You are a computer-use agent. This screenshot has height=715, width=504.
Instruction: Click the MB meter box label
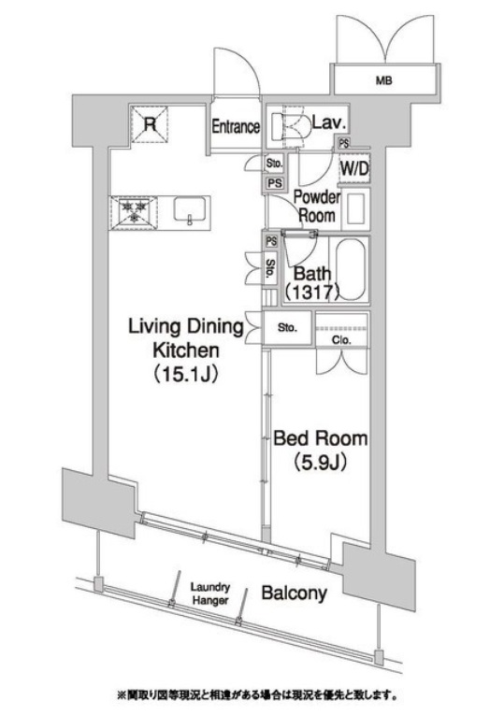click(x=384, y=81)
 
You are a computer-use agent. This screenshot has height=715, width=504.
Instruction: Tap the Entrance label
click(x=236, y=127)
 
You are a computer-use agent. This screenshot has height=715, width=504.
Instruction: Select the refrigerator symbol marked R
click(x=150, y=124)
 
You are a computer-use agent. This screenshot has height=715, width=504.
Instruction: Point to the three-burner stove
click(x=133, y=213)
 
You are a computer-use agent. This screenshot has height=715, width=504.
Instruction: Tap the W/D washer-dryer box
click(x=354, y=169)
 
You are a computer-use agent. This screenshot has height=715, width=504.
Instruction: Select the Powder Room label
click(x=317, y=207)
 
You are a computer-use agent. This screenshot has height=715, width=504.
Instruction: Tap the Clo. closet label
click(x=341, y=339)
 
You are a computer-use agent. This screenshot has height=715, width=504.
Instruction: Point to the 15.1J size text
click(x=186, y=375)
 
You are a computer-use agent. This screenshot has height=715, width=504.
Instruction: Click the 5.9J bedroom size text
click(x=320, y=463)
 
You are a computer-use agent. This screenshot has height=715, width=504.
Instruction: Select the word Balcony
click(x=295, y=593)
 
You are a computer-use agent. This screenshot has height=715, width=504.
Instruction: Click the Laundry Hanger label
click(x=209, y=593)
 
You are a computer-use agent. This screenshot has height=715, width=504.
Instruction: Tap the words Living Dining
click(x=187, y=327)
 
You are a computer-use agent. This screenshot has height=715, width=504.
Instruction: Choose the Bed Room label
click(x=320, y=438)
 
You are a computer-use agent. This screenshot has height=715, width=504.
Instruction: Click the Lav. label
click(x=329, y=122)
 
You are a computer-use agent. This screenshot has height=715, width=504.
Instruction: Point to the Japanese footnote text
click(x=257, y=696)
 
